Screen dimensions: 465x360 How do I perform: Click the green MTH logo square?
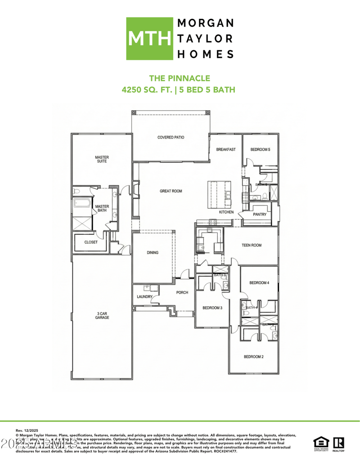(149, 39)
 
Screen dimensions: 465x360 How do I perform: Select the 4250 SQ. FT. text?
(148, 89)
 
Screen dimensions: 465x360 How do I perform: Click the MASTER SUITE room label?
(102, 159)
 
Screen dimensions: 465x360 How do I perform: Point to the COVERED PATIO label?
(171, 137)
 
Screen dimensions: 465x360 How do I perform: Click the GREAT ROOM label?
(171, 191)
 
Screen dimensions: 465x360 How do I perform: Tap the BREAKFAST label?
(225, 149)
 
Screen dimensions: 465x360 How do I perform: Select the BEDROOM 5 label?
(260, 149)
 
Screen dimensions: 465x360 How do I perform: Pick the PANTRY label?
(260, 215)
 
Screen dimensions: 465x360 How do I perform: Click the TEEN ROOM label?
(252, 245)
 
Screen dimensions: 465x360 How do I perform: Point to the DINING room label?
(153, 253)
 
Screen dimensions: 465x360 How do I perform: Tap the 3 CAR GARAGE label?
(102, 315)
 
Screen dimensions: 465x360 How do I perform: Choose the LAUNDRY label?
(145, 297)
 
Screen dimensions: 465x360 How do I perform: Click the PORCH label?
(182, 292)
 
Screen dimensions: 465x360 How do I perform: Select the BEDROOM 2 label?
(253, 357)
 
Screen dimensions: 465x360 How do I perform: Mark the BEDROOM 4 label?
(259, 282)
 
